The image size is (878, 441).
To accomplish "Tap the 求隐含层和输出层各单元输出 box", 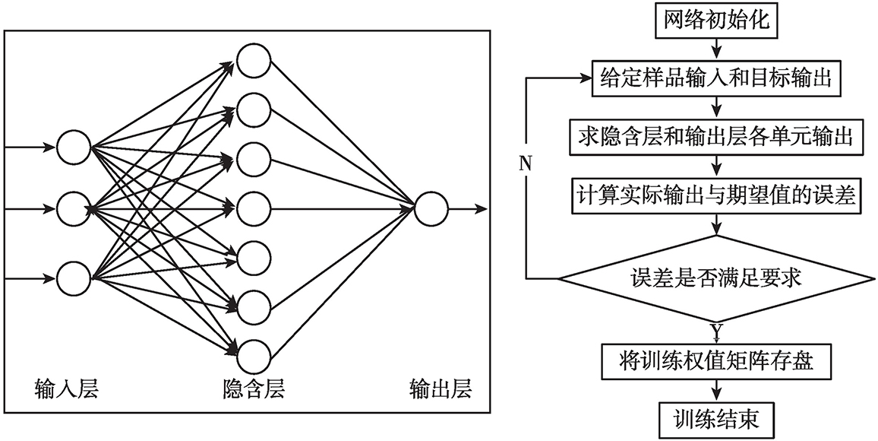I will click(x=716, y=137).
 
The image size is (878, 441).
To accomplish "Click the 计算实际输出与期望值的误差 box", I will click(x=716, y=195).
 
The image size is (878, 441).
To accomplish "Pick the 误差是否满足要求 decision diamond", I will click(x=716, y=278).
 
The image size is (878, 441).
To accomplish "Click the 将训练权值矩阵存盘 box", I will click(x=716, y=361).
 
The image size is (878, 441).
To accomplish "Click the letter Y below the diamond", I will click(x=715, y=331).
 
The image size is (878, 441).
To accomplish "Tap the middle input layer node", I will click(x=73, y=208).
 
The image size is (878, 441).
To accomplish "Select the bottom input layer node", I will click(x=73, y=277).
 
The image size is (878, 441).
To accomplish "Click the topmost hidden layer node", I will click(x=252, y=61).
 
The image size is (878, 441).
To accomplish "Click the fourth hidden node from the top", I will click(x=252, y=208).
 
